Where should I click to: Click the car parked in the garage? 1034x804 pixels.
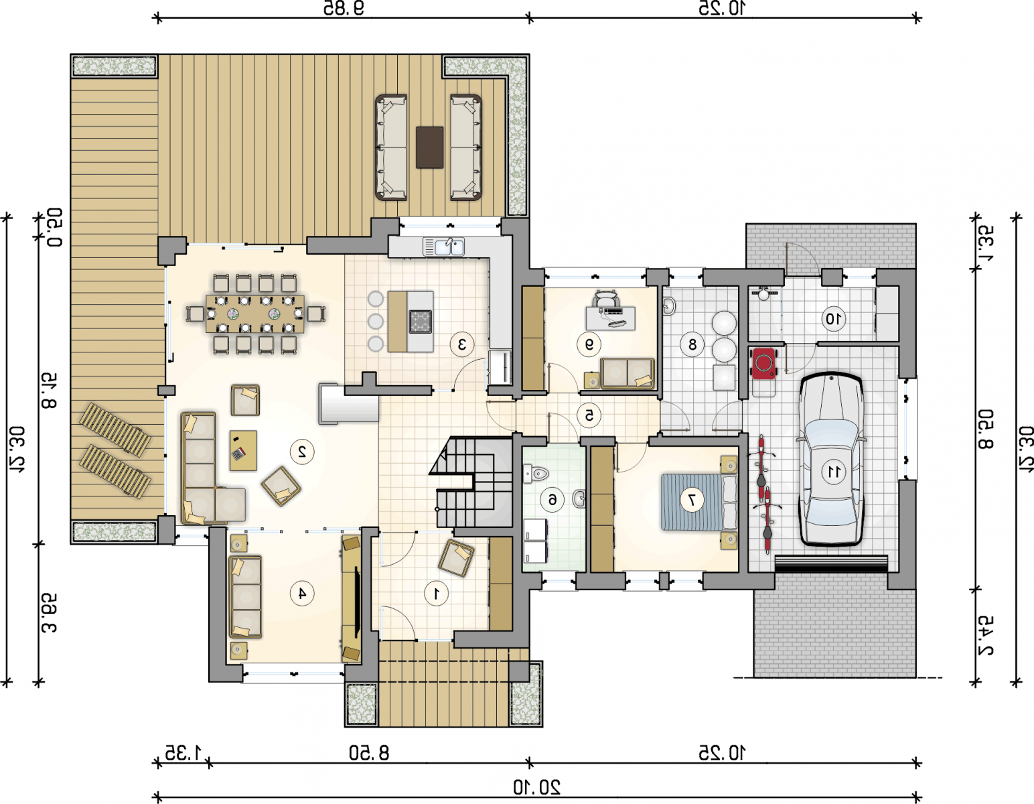[831, 459]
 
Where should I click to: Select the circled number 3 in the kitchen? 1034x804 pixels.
[461, 344]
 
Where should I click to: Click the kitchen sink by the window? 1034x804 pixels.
[443, 247]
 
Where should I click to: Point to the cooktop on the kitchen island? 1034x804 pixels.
[421, 321]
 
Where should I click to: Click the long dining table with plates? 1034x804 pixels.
[255, 314]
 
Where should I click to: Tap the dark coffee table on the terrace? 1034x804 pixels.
[430, 147]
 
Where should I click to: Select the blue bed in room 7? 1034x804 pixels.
[699, 502]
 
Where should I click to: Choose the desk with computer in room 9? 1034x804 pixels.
[610, 318]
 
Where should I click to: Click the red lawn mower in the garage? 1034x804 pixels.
[763, 363]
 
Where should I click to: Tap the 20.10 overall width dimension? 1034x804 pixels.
[536, 787]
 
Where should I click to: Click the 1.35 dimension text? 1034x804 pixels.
[183, 753]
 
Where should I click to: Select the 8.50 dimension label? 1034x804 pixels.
[369, 753]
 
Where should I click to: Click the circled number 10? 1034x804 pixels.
[834, 318]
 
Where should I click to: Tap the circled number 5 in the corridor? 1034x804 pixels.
[589, 415]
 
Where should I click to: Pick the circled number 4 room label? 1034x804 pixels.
[302, 593]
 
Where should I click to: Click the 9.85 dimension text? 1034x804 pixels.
[344, 8]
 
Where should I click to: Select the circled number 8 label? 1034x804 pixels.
[692, 344]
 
